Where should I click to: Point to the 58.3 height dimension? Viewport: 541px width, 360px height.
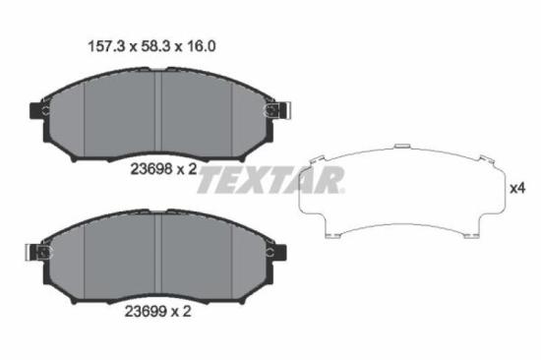[149, 45]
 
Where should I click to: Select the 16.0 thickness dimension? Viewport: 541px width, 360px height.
[200, 45]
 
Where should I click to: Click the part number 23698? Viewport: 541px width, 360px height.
[150, 168]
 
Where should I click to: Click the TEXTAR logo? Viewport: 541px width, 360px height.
[276, 179]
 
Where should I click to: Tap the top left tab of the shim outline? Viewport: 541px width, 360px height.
[315, 160]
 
